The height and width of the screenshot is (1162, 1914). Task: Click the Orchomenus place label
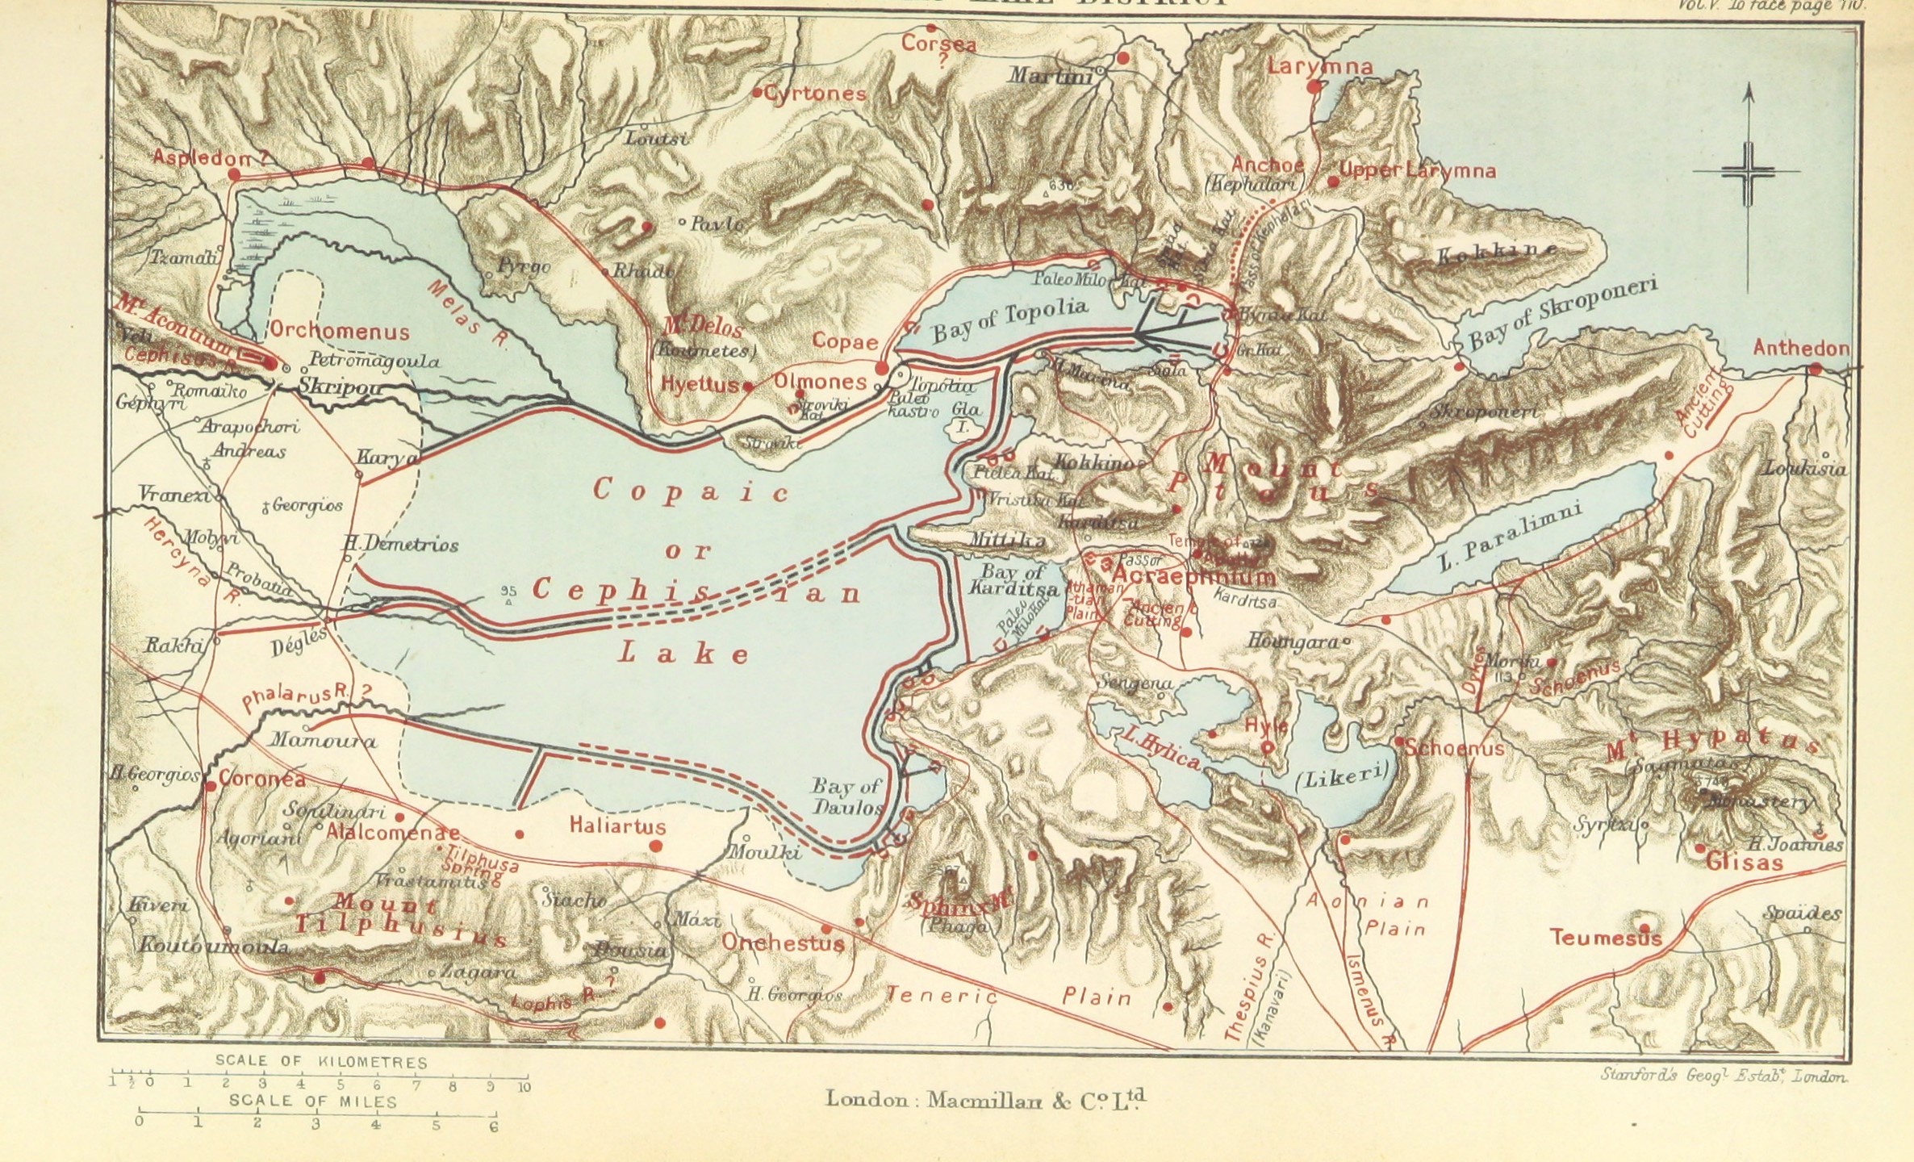(x=339, y=331)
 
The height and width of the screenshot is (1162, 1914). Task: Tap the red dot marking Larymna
(x=1315, y=85)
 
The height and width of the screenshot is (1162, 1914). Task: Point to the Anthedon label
(x=1800, y=348)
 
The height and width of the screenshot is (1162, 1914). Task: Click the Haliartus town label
(x=617, y=826)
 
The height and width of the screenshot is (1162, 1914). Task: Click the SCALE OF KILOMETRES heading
(x=321, y=1063)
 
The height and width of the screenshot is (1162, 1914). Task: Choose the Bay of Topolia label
(x=1009, y=320)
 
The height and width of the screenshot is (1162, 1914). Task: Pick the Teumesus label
(x=1605, y=938)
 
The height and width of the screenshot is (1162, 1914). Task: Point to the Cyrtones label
(x=815, y=94)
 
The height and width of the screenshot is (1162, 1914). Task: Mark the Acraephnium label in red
(x=1194, y=576)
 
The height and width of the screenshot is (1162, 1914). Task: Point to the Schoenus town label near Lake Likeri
(x=1454, y=748)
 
